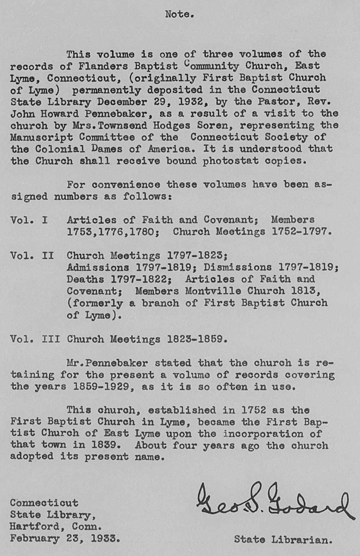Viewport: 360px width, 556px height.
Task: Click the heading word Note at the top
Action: point(179,14)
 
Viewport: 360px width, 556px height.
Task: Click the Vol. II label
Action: point(31,255)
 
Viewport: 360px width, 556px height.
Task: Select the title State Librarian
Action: point(283,539)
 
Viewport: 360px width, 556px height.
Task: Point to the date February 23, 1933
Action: point(64,539)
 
